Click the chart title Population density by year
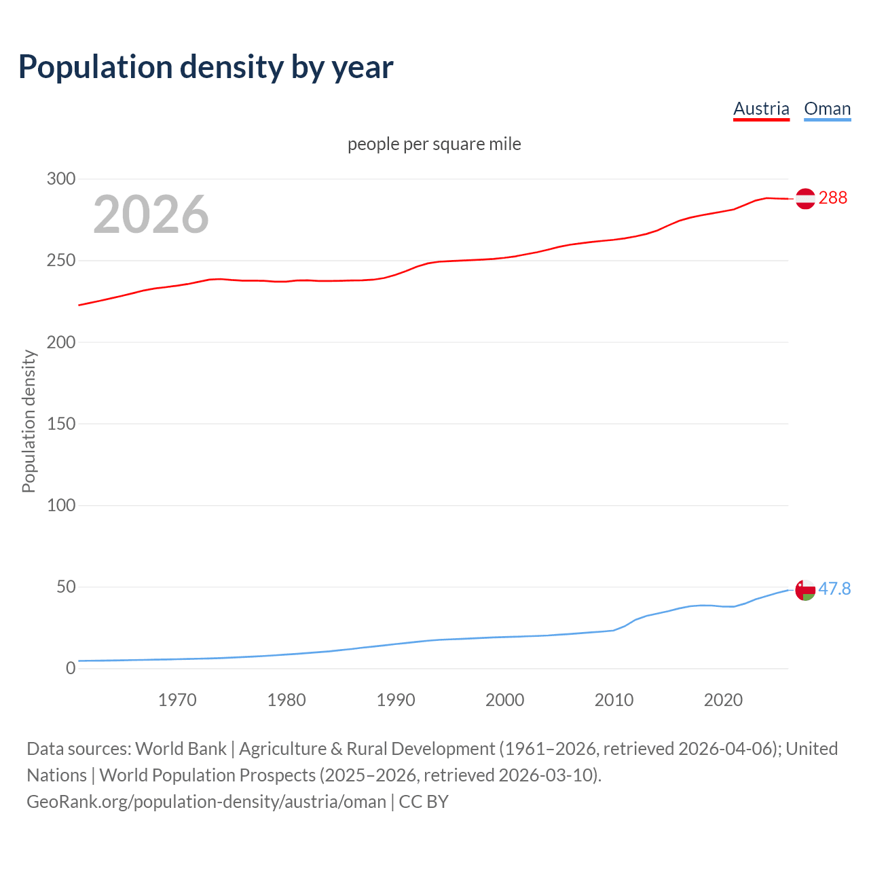(x=206, y=67)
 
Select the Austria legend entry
(x=761, y=109)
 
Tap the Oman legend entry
(x=827, y=109)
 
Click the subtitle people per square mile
(x=434, y=145)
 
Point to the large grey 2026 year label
(x=151, y=215)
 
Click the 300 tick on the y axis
(x=60, y=179)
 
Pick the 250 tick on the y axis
(x=60, y=261)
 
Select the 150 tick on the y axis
(x=60, y=424)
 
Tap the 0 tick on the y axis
(x=70, y=668)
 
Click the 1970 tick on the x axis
(x=177, y=700)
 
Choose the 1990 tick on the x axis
(x=396, y=700)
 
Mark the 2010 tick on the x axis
(x=614, y=700)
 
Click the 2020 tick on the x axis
(x=723, y=700)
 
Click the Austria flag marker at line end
(x=805, y=199)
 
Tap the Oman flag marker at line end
(x=805, y=590)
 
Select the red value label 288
(x=833, y=198)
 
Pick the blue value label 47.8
(x=834, y=589)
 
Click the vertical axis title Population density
(x=29, y=421)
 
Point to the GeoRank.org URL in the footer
(x=206, y=802)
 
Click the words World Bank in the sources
(x=181, y=749)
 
